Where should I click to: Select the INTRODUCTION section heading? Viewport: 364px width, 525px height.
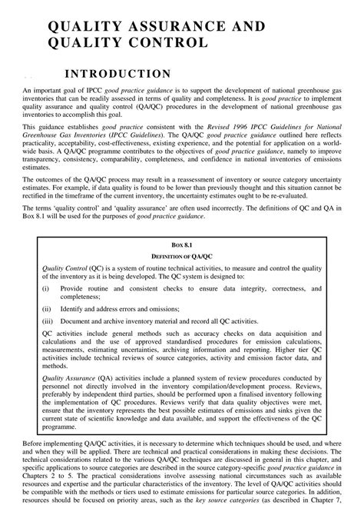[x=116, y=74]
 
